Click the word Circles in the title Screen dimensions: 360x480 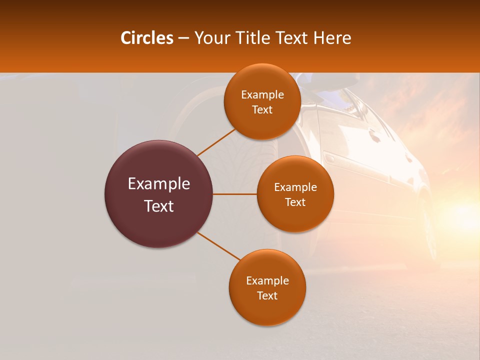[146, 38]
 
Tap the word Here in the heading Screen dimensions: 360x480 [332, 38]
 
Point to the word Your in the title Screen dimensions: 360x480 [211, 38]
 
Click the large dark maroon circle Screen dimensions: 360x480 [158, 194]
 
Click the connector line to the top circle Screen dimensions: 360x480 [216, 142]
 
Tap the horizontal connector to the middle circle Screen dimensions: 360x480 [234, 194]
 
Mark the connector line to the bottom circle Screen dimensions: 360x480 [218, 246]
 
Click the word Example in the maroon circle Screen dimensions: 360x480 [158, 184]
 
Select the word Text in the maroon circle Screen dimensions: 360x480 [158, 206]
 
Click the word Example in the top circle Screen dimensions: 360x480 [262, 95]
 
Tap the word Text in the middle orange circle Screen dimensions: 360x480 [295, 202]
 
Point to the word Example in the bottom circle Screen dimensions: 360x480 [267, 281]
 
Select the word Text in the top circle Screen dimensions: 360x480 [262, 110]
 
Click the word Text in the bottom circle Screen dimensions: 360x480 [267, 296]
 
